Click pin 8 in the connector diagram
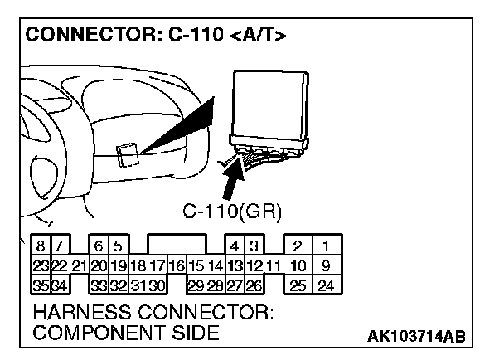[x=40, y=246]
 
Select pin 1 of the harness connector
[x=327, y=246]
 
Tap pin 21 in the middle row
[x=79, y=266]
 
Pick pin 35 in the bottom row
[x=40, y=286]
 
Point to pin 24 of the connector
[x=327, y=286]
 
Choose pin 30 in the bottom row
[x=157, y=286]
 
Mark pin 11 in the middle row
[x=274, y=266]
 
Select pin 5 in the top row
[x=119, y=246]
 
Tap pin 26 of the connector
[x=254, y=286]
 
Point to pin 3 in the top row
[x=254, y=246]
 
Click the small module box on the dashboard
[x=127, y=155]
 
